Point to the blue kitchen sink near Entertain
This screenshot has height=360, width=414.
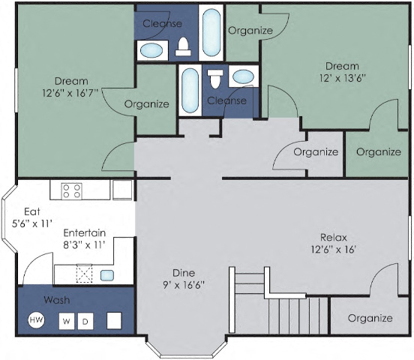coord(107,274)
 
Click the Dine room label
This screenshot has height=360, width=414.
coord(183,273)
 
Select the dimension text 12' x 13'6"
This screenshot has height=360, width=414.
coord(341,77)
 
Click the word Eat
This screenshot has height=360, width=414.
coord(31,211)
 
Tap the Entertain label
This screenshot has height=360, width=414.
coord(84,232)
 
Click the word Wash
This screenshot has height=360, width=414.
coord(56,299)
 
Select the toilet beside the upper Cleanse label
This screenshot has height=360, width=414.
coord(182,48)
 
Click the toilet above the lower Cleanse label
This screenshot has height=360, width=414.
coord(216,78)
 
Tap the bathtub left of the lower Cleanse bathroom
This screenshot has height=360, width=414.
coord(190,91)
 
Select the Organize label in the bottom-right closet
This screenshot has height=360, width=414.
coord(370,318)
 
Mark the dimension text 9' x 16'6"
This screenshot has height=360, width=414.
coord(183,285)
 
